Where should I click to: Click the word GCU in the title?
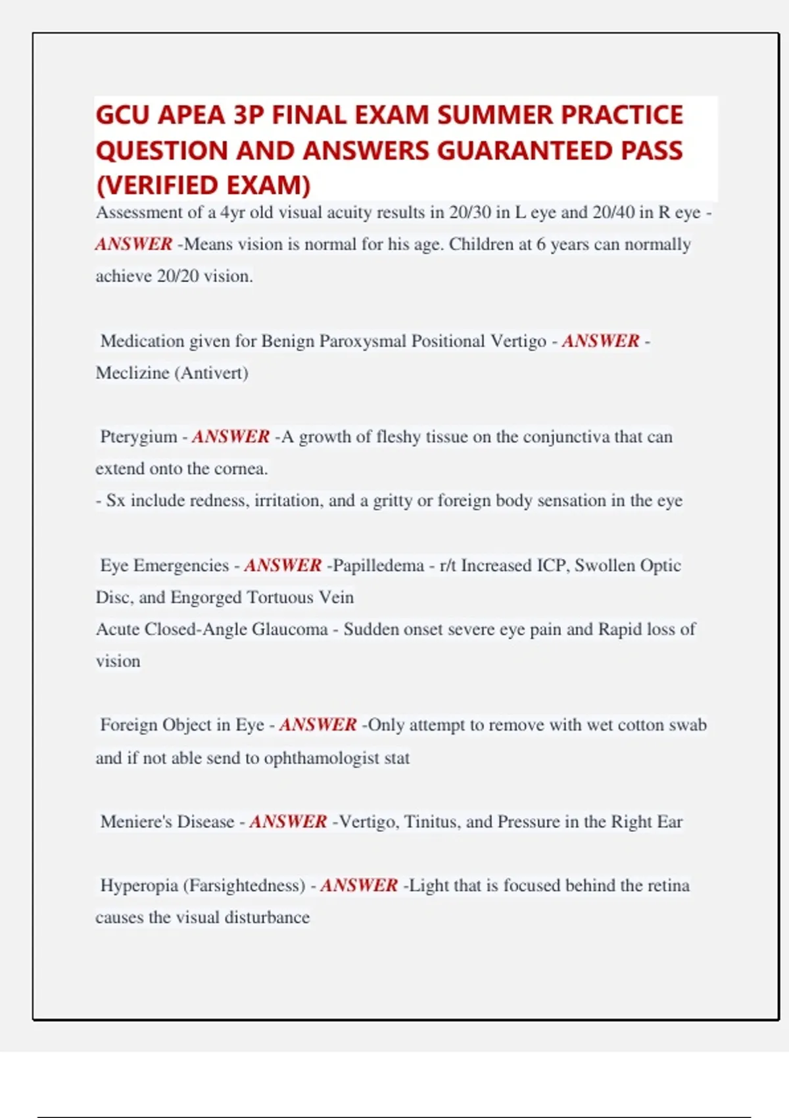coord(123,115)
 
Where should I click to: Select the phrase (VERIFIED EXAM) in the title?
coord(203,185)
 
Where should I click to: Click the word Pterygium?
coord(138,437)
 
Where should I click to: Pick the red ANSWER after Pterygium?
coord(231,437)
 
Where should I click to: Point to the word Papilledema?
coord(379,566)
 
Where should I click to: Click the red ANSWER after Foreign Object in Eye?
coord(318,725)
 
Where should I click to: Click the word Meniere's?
coord(134,821)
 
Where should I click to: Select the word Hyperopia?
coord(139,885)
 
